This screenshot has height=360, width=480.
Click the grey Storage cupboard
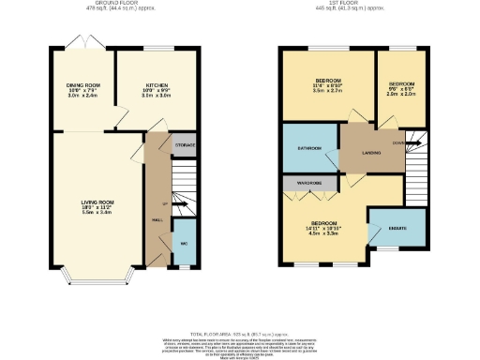[185, 146]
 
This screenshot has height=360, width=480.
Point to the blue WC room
[185, 245]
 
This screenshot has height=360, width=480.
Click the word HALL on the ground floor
[157, 221]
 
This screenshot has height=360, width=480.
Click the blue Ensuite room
[397, 227]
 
